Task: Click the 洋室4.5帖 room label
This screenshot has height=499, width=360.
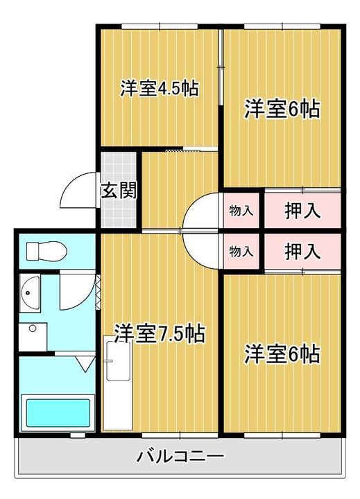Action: click(160, 89)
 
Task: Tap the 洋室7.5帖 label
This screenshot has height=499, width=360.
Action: click(160, 333)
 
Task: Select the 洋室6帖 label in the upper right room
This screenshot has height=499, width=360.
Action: click(282, 110)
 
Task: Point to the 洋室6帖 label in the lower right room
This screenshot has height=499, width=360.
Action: click(282, 354)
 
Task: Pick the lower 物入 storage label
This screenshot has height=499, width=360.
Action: click(241, 252)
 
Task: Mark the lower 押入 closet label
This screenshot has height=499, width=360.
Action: click(302, 252)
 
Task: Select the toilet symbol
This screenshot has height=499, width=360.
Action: click(43, 250)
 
